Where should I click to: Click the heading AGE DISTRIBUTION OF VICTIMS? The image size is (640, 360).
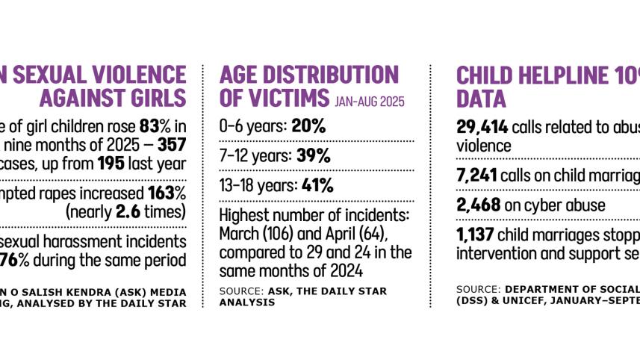point(308,86)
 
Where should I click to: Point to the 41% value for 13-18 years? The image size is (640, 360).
point(317,186)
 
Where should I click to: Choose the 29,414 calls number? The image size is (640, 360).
point(480,126)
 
